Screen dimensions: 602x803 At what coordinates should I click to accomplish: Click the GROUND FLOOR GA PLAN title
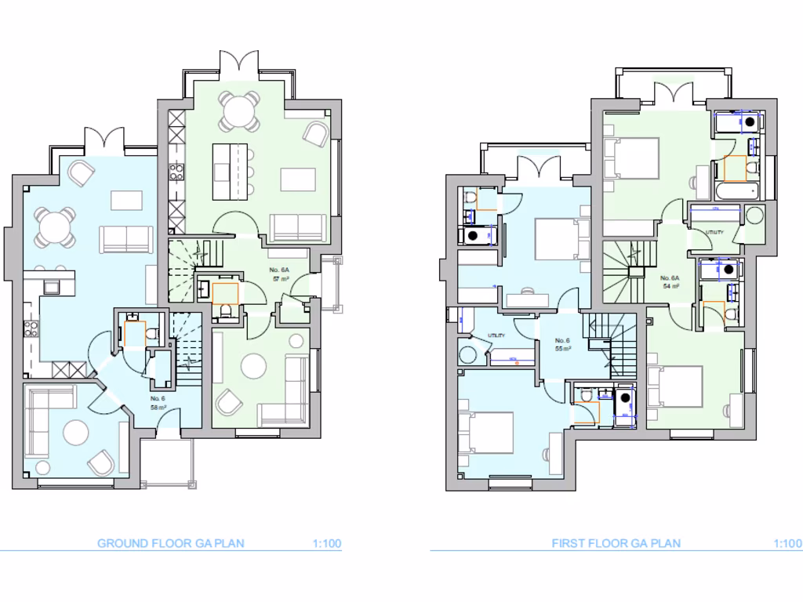click(x=170, y=543)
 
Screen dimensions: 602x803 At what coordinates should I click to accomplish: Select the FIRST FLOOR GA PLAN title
click(x=616, y=543)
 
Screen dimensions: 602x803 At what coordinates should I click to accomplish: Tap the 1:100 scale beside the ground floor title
click(x=326, y=543)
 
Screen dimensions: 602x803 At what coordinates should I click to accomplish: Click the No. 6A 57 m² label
click(x=281, y=274)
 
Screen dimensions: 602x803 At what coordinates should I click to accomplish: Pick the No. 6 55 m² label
click(x=561, y=344)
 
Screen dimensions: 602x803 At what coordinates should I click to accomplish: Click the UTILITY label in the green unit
click(x=714, y=233)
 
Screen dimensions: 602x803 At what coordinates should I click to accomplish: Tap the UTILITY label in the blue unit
click(x=496, y=335)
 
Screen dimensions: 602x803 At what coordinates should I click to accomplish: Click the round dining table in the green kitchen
click(x=238, y=111)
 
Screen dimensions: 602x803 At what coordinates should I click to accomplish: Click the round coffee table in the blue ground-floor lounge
click(x=76, y=433)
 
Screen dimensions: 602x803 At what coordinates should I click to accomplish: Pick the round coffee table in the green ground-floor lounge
click(x=253, y=366)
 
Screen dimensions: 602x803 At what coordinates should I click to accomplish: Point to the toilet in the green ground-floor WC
click(x=225, y=312)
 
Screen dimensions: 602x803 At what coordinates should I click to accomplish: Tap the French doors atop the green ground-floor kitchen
click(x=239, y=65)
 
